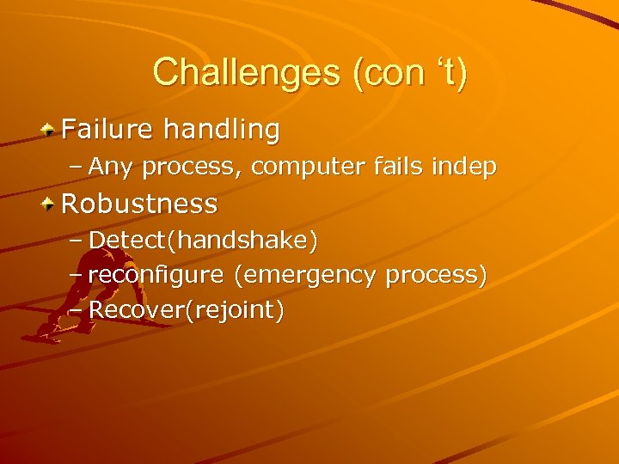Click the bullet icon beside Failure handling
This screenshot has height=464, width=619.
coord(50,131)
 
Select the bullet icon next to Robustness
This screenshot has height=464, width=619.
coord(50,205)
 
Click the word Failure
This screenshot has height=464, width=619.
coord(107,130)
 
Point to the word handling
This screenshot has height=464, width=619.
coord(222,130)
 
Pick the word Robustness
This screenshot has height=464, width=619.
coord(139,205)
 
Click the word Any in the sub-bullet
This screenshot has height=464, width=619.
coord(111,167)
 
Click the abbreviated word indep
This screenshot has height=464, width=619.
coord(465,167)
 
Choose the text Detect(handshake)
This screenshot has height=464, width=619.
coord(203,241)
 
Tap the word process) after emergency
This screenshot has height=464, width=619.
coord(437,275)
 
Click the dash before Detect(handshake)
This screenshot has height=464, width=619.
coord(75,241)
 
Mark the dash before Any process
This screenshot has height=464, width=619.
coord(75,167)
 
